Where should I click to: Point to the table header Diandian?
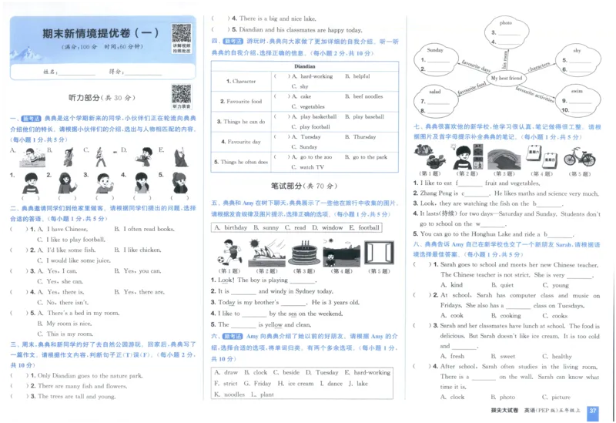[305, 67]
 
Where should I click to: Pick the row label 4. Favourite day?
[243, 142]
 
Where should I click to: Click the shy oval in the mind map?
[577, 51]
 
